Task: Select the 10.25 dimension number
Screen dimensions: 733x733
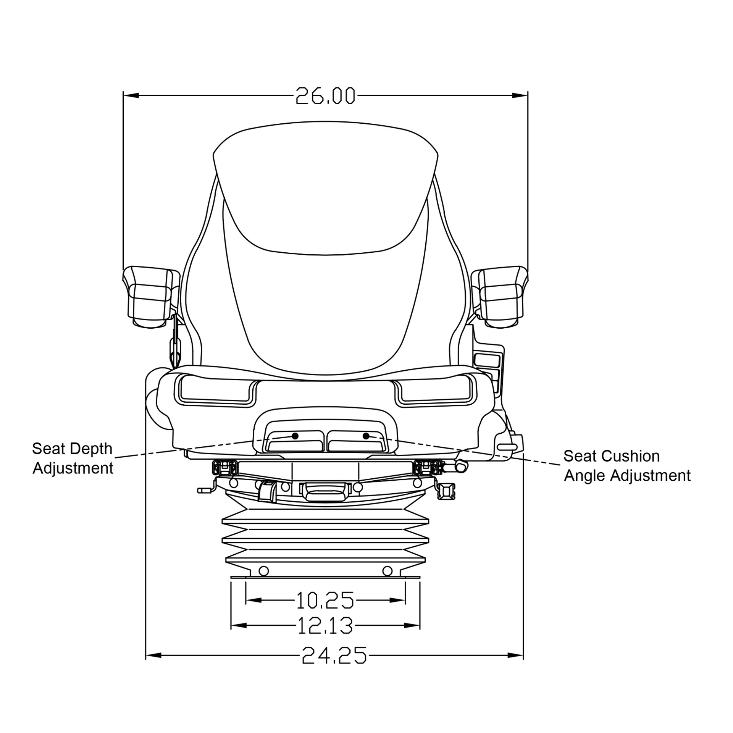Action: (x=325, y=600)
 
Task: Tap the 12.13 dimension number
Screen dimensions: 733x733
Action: (x=325, y=626)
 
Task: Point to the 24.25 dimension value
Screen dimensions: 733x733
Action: (x=334, y=656)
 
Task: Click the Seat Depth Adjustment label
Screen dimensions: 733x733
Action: (x=73, y=459)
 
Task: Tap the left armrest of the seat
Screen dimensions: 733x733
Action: (x=151, y=297)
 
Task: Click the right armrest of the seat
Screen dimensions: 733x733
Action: (x=500, y=297)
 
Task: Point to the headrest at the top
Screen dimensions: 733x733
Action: (x=325, y=187)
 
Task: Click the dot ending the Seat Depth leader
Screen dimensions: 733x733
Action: (x=295, y=436)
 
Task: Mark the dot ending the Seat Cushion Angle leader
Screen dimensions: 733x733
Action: (x=366, y=436)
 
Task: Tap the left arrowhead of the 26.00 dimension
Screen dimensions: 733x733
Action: (x=131, y=95)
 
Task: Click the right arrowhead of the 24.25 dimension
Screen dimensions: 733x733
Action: (x=515, y=656)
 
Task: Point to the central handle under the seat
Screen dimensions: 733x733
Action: (x=325, y=492)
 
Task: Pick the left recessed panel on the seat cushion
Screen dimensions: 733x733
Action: (x=215, y=389)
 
